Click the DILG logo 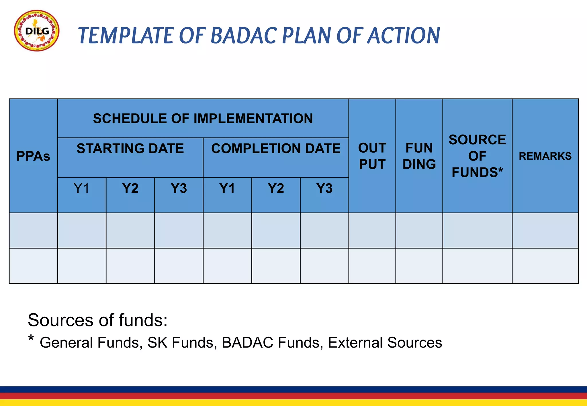(37, 31)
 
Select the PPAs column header (33, 156)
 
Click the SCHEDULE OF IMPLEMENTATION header (203, 119)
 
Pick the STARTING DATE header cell (130, 149)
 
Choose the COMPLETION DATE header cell (276, 149)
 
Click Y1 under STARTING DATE (82, 188)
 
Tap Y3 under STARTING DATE (179, 188)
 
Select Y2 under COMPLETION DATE (276, 188)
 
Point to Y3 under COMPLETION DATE (324, 188)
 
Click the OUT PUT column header (372, 156)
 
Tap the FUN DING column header (419, 156)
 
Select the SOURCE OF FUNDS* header (477, 156)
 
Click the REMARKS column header (545, 156)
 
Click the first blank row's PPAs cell (33, 230)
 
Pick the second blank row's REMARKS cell (545, 266)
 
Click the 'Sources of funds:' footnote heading (97, 320)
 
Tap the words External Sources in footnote (385, 342)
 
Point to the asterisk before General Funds (31, 339)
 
